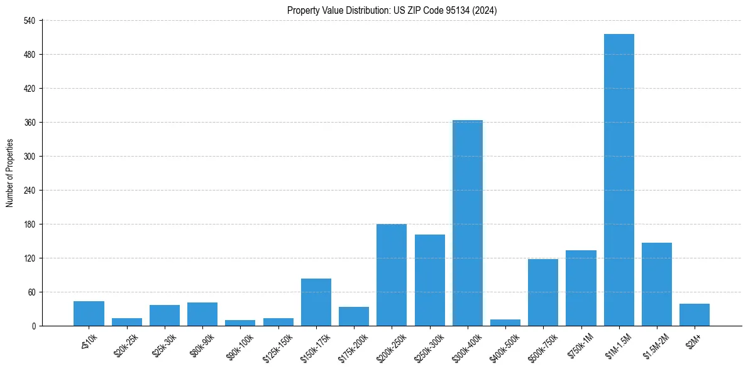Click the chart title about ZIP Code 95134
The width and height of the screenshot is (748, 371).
coord(392,10)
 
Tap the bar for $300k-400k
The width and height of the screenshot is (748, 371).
coord(468,223)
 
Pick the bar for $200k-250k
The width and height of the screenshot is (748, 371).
coord(392,275)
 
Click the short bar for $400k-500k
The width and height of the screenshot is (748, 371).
coord(505,323)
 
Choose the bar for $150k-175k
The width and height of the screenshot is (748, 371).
coord(316,302)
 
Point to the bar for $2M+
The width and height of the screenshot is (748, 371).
coord(695,314)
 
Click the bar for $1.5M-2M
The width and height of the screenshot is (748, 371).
coord(657,284)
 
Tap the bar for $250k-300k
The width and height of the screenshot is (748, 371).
coord(430,280)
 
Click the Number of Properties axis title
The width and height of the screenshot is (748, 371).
coord(9,173)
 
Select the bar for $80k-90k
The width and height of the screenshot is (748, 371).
coord(202,314)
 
